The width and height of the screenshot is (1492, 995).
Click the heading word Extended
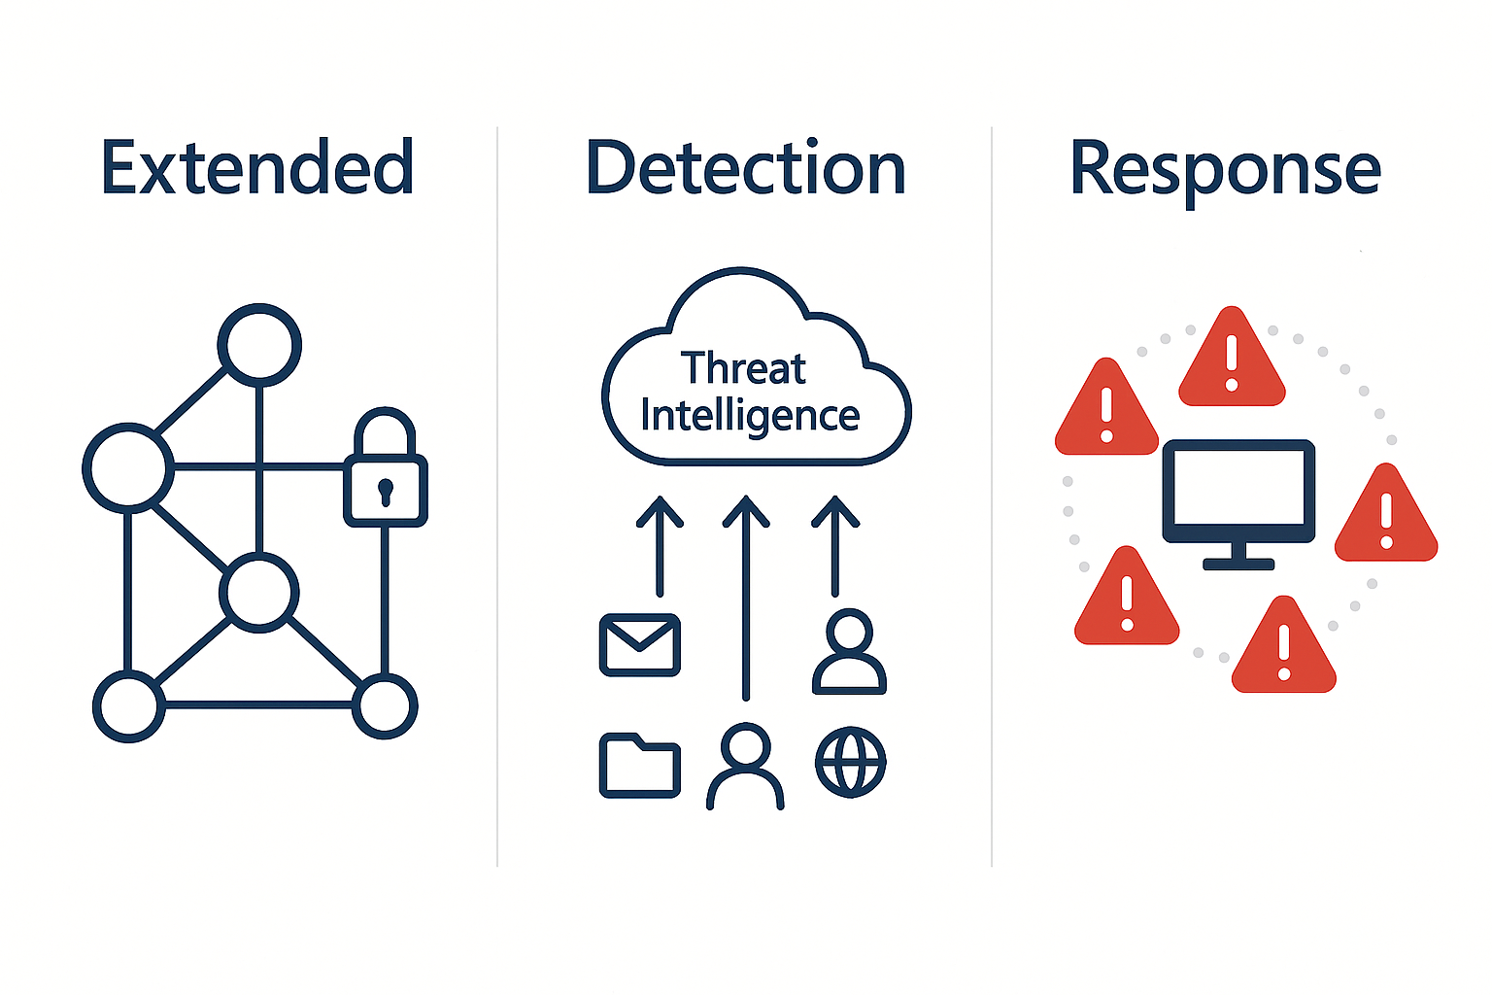coord(257,168)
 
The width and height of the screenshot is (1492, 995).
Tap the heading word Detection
coord(746,168)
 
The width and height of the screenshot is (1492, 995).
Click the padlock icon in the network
coord(386,470)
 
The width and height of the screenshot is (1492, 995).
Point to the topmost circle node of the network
coord(259,344)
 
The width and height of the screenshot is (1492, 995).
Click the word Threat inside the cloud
coord(743,369)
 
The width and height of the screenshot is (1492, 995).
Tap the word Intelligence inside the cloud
coord(750,417)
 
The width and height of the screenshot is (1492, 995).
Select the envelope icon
coord(640,644)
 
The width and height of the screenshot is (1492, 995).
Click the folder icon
coord(640,766)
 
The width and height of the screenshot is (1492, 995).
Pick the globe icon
coord(851,762)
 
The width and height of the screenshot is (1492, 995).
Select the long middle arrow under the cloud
coord(746,597)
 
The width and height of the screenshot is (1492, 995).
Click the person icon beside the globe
coord(745,767)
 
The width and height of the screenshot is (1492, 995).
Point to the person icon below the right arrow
coord(849,652)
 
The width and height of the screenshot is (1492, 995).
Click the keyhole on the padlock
coord(386,491)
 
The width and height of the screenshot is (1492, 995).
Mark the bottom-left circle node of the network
coord(129,706)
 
